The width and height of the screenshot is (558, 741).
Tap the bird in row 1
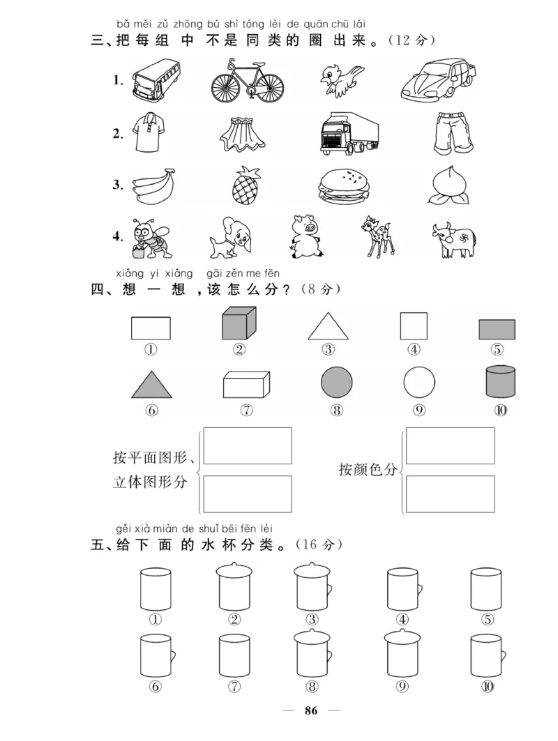pyautogui.click(x=341, y=78)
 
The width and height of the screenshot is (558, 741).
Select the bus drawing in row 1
pyautogui.click(x=156, y=78)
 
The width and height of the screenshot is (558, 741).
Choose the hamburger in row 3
pyautogui.click(x=344, y=187)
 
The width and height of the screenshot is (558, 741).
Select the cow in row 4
pyautogui.click(x=453, y=239)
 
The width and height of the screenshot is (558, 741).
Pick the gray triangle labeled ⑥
pyautogui.click(x=151, y=385)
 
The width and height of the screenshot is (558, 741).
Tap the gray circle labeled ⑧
pyautogui.click(x=337, y=383)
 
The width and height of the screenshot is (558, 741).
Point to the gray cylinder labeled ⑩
pyautogui.click(x=500, y=382)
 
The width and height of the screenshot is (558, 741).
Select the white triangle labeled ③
pyautogui.click(x=328, y=326)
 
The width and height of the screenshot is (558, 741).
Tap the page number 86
pyautogui.click(x=311, y=711)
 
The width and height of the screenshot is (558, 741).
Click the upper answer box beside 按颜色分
pyautogui.click(x=450, y=446)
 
